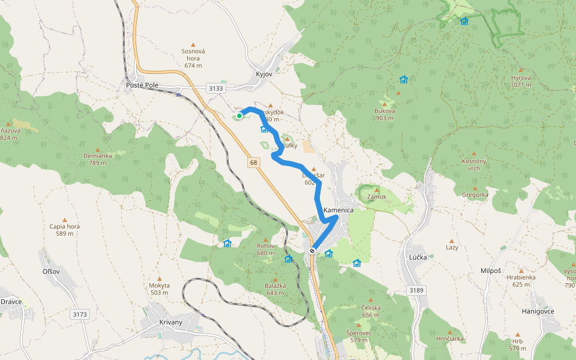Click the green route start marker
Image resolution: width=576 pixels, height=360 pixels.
pyautogui.click(x=239, y=116)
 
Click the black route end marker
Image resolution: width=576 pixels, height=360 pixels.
pyautogui.click(x=312, y=251)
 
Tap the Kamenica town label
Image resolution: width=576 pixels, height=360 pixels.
pyautogui.click(x=338, y=211)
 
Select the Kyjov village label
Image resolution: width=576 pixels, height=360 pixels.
pyautogui.click(x=264, y=74)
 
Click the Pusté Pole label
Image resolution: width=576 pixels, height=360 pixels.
pyautogui.click(x=142, y=85)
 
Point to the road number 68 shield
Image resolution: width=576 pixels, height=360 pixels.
pyautogui.click(x=254, y=163)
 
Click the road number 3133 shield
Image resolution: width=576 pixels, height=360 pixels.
pyautogui.click(x=216, y=88)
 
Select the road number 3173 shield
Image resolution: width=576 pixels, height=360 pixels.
pyautogui.click(x=79, y=314)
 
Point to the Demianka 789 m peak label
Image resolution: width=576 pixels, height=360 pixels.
pyautogui.click(x=98, y=158)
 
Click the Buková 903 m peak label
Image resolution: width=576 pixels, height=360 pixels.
pyautogui.click(x=385, y=114)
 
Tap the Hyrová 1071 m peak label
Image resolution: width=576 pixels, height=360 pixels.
pyautogui.click(x=521, y=81)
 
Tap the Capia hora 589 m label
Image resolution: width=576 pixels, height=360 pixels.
pyautogui.click(x=65, y=230)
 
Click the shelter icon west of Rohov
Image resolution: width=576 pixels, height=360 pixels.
pyautogui.click(x=227, y=243)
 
